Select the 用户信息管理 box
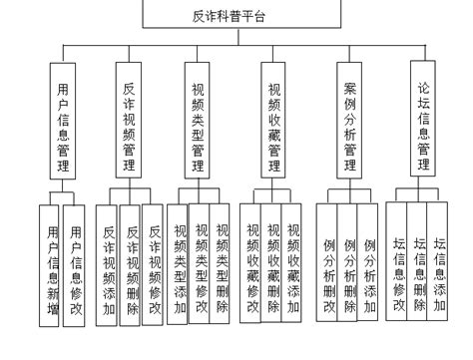click(62, 119)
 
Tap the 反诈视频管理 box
click(130, 119)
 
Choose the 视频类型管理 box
click(199, 119)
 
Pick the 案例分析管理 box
click(349, 119)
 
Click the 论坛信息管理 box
click(424, 119)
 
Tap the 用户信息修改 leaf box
click(74, 261)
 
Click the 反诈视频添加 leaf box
click(109, 261)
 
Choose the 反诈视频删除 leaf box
click(131, 261)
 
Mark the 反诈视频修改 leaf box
click(153, 261)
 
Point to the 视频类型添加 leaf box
click(181, 261)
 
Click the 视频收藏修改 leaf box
click(253, 261)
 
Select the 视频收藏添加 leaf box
click(293, 261)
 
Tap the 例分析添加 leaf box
click(369, 261)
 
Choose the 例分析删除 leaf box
click(349, 261)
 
